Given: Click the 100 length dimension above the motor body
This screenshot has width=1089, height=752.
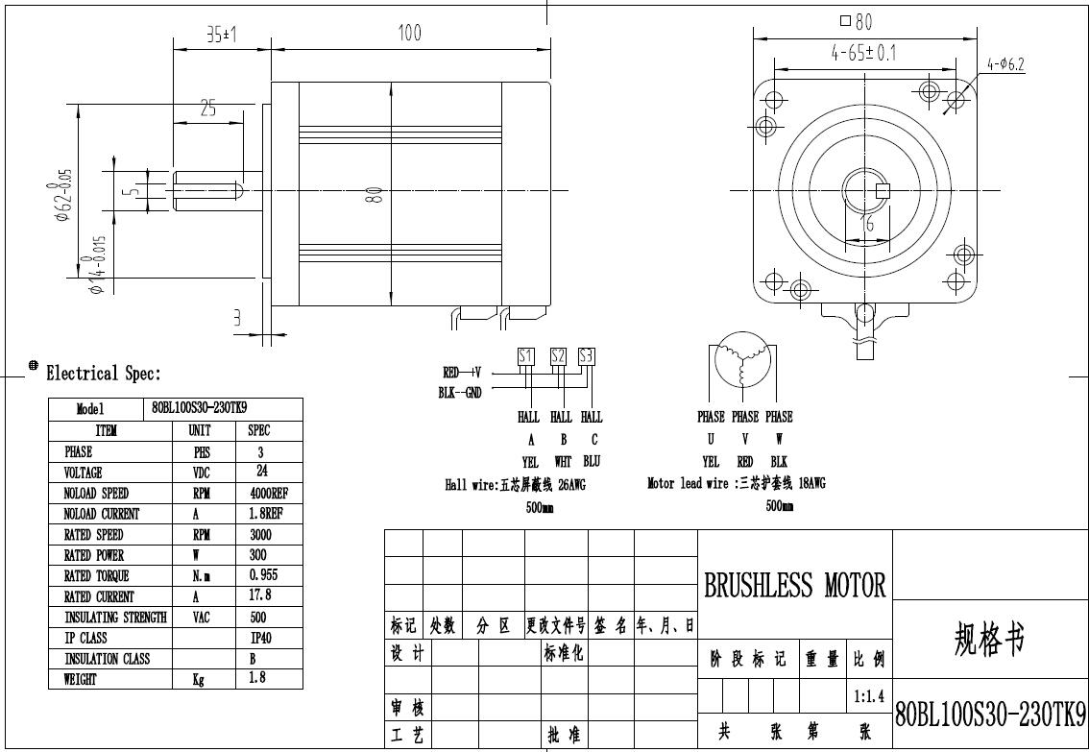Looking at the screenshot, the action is pos(409,33).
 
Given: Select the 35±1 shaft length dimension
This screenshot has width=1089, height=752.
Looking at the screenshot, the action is pos(222,34).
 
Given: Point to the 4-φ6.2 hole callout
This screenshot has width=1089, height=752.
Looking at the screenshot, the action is pos(1005,64).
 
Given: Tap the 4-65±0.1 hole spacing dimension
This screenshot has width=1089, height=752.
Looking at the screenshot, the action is pos(863,52).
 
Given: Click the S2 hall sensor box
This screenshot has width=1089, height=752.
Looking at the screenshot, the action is pos(558,356).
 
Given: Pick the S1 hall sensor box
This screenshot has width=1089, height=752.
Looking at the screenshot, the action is pos(525,356).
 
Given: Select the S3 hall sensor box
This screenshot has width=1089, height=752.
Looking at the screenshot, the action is pos(587,356).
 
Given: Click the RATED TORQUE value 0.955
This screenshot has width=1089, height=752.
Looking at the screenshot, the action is pos(264,575).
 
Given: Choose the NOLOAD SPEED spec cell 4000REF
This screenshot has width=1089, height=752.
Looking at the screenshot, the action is pos(269,494).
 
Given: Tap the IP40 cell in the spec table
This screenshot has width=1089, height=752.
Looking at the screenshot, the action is pos(260,638).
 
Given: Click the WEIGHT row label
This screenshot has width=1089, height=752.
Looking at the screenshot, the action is pos(81,679).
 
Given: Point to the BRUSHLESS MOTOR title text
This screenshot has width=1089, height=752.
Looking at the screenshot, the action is pos(795,585).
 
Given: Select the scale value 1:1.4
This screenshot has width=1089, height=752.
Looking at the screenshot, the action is pos(869,695).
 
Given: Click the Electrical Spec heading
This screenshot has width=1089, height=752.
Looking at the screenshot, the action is pos(104,374).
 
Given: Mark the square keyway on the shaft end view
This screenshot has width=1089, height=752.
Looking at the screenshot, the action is pos(883,190).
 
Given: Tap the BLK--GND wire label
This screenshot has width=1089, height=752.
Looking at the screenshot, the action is pos(460,392).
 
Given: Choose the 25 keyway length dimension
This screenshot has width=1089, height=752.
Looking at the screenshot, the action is pos(207,109).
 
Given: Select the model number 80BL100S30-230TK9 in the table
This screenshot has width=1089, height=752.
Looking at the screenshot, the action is pos(200,407).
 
